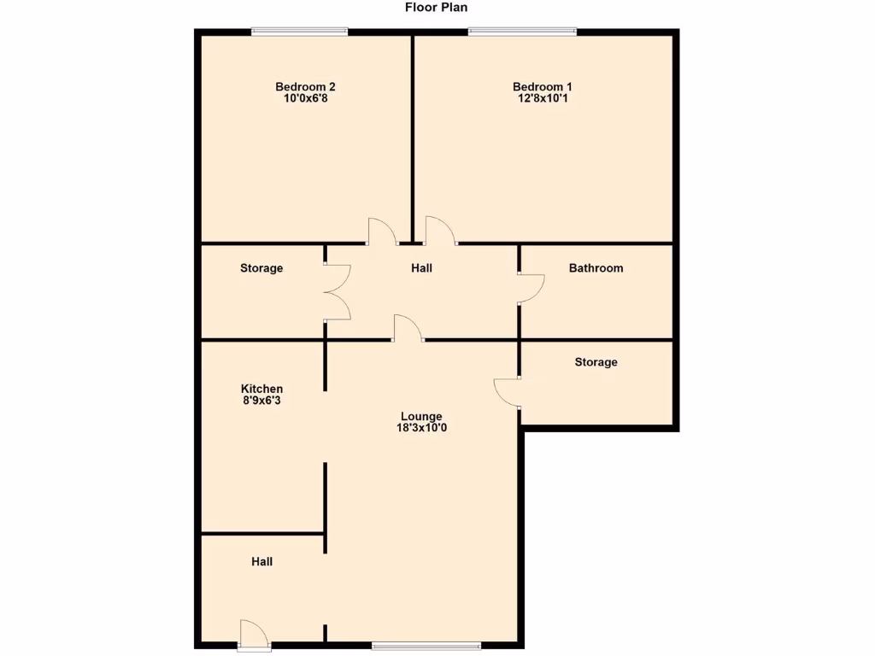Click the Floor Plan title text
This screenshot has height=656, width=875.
pyautogui.click(x=436, y=8)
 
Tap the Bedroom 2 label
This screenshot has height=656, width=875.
pyautogui.click(x=305, y=86)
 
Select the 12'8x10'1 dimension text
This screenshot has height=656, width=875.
pyautogui.click(x=542, y=98)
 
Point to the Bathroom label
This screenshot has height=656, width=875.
pyautogui.click(x=596, y=268)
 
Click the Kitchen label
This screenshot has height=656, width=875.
pyautogui.click(x=261, y=389)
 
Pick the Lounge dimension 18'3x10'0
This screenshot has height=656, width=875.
pyautogui.click(x=421, y=428)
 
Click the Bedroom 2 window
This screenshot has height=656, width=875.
pyautogui.click(x=299, y=32)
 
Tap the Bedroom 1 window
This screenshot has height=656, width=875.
pyautogui.click(x=522, y=32)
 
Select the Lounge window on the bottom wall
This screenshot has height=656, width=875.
pyautogui.click(x=426, y=644)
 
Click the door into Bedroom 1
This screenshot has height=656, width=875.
pyautogui.click(x=439, y=231)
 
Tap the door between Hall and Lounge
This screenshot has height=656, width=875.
pyautogui.click(x=408, y=328)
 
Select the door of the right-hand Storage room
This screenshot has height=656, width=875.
pyautogui.click(x=508, y=391)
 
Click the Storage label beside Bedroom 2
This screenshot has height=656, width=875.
pyautogui.click(x=261, y=268)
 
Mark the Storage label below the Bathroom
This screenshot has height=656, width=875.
pyautogui.click(x=596, y=362)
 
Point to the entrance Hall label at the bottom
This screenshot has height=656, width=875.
pyautogui.click(x=262, y=561)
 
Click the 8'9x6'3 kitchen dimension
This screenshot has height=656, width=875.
pyautogui.click(x=261, y=400)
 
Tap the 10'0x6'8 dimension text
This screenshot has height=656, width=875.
pyautogui.click(x=305, y=98)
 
